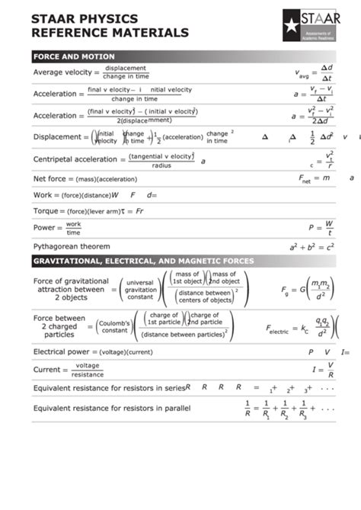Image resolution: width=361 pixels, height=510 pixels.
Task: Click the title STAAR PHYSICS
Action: point(85,18)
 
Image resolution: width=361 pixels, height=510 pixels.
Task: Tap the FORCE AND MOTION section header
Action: point(74,56)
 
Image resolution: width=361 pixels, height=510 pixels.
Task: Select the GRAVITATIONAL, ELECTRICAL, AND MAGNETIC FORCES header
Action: point(143,261)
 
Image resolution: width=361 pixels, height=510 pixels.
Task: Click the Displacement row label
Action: point(57,137)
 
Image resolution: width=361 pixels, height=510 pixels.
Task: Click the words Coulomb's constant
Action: point(114,326)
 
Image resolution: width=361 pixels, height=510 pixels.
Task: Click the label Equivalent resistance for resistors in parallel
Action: point(111,408)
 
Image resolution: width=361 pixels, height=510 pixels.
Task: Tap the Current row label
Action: point(46,370)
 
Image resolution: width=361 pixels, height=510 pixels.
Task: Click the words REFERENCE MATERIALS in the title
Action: point(110,33)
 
